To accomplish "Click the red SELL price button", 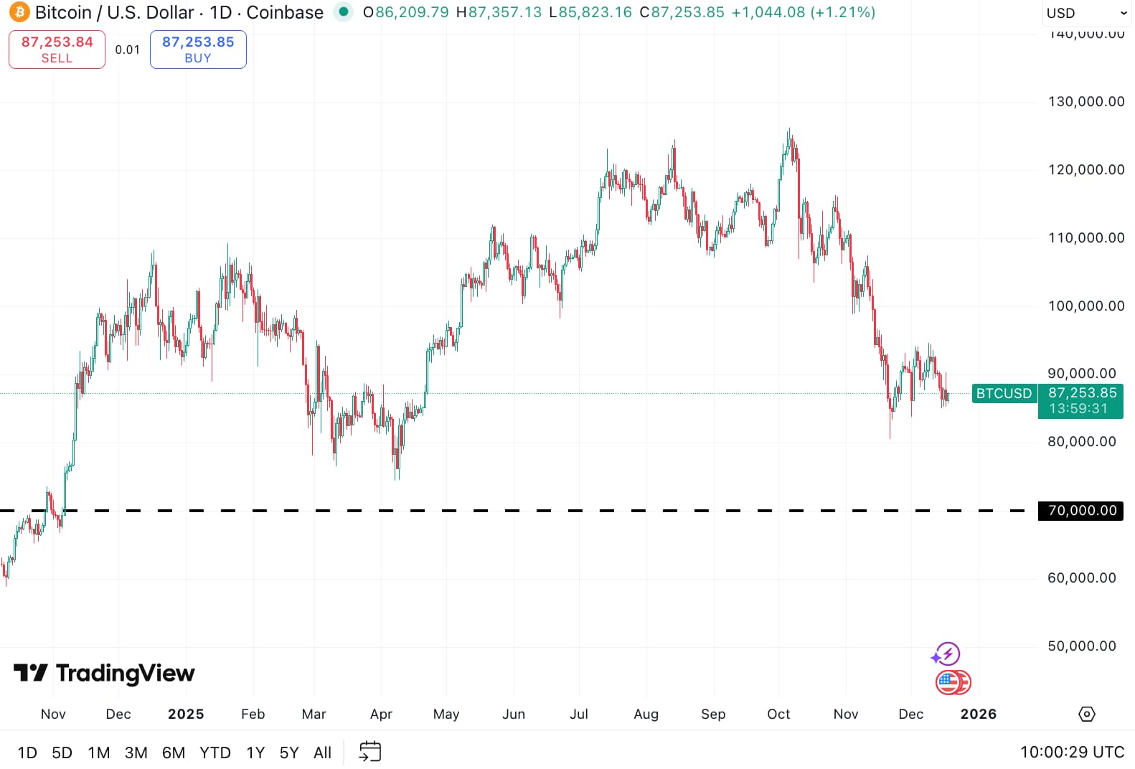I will pyautogui.click(x=57, y=49).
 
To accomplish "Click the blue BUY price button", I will pyautogui.click(x=198, y=49).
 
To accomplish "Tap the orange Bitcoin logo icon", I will pyautogui.click(x=19, y=12).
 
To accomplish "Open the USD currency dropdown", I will pyautogui.click(x=1086, y=13).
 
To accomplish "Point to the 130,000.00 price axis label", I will pyautogui.click(x=1085, y=102).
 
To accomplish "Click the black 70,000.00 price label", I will pyautogui.click(x=1081, y=511).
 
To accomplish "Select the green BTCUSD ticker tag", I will pyautogui.click(x=1004, y=393).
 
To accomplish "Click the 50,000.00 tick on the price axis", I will pyautogui.click(x=1081, y=646).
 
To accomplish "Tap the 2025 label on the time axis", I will pyautogui.click(x=186, y=714).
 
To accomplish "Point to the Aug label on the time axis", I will pyautogui.click(x=646, y=714).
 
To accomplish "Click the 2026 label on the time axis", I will pyautogui.click(x=978, y=714).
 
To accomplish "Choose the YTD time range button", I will pyautogui.click(x=215, y=753).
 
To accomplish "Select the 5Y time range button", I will pyautogui.click(x=289, y=753).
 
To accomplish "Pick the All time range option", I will pyautogui.click(x=322, y=753).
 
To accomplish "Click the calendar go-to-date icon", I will pyautogui.click(x=369, y=752).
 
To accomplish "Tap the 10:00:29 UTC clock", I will pyautogui.click(x=1072, y=753).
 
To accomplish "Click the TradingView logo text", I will pyautogui.click(x=125, y=673).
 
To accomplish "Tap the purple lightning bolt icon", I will pyautogui.click(x=948, y=654).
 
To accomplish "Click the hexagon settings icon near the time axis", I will pyautogui.click(x=1087, y=714).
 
